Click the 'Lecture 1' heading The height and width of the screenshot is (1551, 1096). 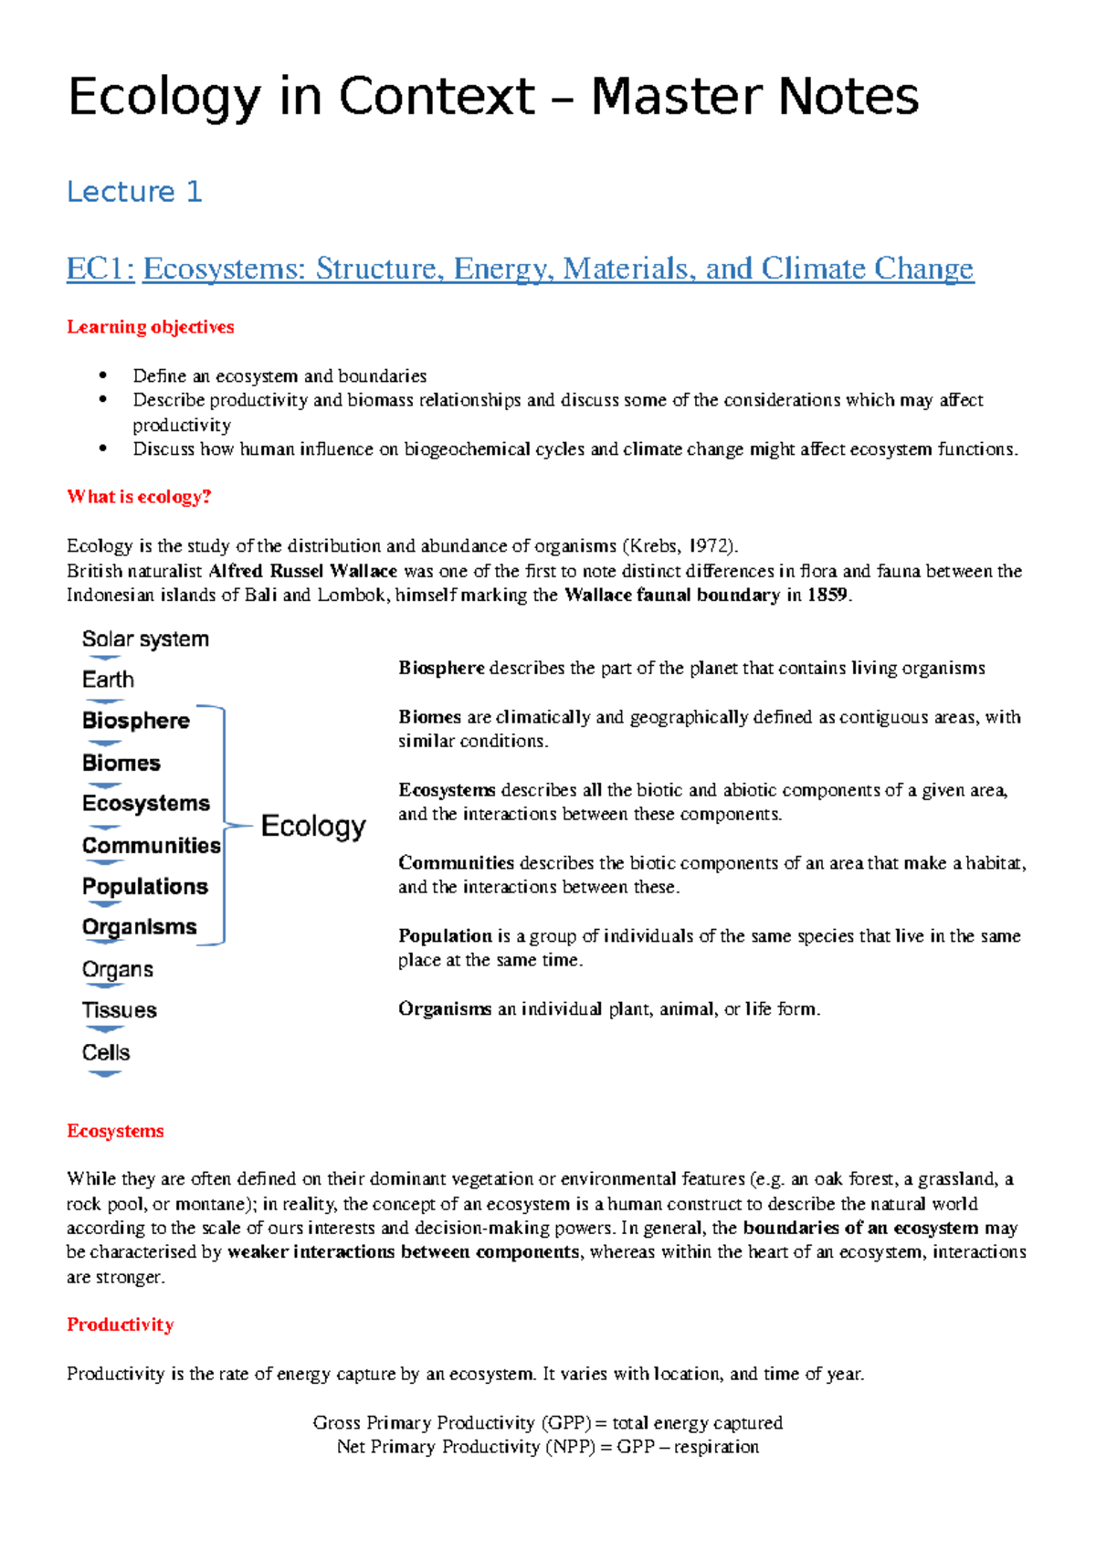coord(134,192)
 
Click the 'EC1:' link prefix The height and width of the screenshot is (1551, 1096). coord(100,269)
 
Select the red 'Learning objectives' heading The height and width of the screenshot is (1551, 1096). coord(150,327)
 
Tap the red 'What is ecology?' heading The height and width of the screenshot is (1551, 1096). coord(139,497)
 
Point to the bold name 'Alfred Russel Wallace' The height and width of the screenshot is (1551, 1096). coord(302,571)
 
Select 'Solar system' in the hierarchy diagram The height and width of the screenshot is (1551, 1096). coord(145,639)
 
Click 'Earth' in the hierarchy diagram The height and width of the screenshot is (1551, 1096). coord(108,680)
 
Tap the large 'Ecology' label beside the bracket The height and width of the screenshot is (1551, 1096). coord(313,826)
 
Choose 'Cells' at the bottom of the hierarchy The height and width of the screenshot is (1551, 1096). coord(106,1052)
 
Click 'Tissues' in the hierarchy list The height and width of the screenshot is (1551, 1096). coord(119,1010)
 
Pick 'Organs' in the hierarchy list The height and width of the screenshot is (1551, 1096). coord(117,969)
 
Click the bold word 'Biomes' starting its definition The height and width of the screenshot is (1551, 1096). coord(429,717)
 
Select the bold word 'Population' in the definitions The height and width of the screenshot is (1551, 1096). coord(445,936)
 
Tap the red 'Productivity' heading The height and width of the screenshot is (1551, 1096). coord(120,1325)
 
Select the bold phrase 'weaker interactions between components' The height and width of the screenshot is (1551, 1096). coord(403,1252)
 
